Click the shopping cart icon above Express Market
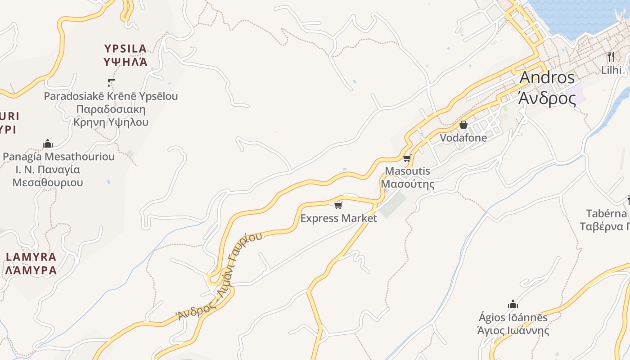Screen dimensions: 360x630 pyautogui.click(x=338, y=206)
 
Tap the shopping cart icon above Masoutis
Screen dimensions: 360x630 pyautogui.click(x=407, y=158)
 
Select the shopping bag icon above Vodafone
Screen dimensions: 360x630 pyautogui.click(x=463, y=125)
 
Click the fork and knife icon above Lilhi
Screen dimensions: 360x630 pyautogui.click(x=611, y=57)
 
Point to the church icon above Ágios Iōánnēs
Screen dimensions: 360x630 pyautogui.click(x=513, y=305)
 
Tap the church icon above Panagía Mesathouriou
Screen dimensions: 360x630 pyautogui.click(x=48, y=144)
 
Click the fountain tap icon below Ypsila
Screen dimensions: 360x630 pyautogui.click(x=111, y=83)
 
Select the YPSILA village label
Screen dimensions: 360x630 pyautogui.click(x=126, y=49)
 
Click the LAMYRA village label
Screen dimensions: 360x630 pyautogui.click(x=31, y=257)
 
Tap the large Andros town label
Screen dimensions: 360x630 pyautogui.click(x=547, y=77)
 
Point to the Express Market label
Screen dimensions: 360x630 pyautogui.click(x=338, y=218)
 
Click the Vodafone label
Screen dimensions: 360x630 pyautogui.click(x=463, y=138)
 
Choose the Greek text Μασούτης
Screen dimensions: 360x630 pyautogui.click(x=408, y=184)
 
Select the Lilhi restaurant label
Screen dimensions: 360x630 pyautogui.click(x=611, y=70)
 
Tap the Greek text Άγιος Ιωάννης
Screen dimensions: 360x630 pyautogui.click(x=513, y=331)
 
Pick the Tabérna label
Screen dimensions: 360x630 pyautogui.click(x=607, y=213)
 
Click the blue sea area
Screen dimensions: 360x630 pyautogui.click(x=580, y=16)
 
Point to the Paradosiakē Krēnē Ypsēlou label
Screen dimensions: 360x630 pyautogui.click(x=111, y=96)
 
